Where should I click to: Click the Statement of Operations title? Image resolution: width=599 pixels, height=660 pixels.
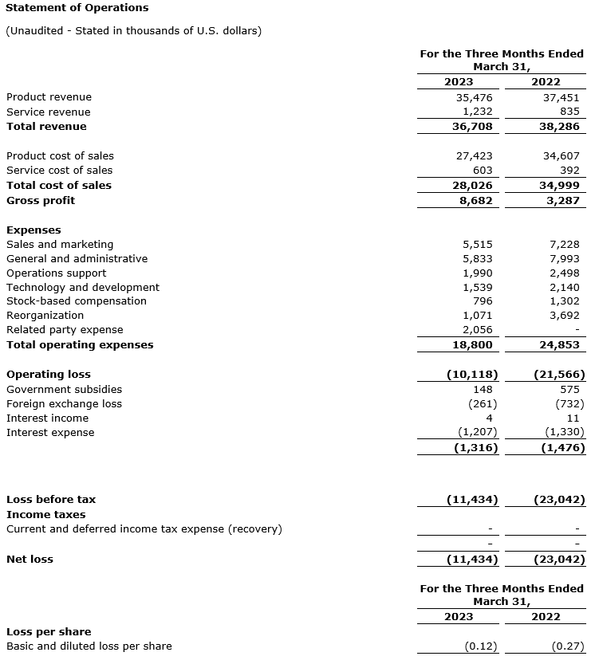(77, 8)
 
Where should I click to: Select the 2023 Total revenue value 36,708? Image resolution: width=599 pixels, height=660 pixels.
(473, 127)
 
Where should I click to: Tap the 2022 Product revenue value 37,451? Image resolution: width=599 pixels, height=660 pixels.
(562, 97)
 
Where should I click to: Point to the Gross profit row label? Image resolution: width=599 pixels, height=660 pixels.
(41, 201)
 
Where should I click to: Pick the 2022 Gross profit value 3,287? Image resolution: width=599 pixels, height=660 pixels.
(565, 201)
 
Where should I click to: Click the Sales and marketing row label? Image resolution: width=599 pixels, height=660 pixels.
(60, 245)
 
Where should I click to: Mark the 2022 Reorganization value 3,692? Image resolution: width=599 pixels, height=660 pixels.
(565, 316)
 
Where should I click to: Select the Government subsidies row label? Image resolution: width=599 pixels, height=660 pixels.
(65, 390)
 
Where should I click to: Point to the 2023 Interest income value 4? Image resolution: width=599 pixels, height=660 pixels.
(489, 418)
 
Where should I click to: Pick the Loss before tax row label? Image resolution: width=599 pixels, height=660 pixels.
(51, 500)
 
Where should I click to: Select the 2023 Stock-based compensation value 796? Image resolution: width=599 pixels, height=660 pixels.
(482, 301)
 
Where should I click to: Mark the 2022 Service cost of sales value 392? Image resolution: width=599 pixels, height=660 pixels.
(569, 171)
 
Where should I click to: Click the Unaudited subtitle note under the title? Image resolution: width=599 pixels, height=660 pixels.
(133, 31)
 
